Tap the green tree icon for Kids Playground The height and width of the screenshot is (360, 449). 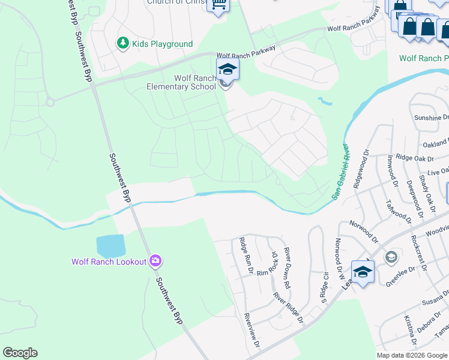pos(122,43)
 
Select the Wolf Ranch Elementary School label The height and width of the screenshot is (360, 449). pos(181,82)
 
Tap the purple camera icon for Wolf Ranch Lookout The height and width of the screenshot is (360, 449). pos(155,260)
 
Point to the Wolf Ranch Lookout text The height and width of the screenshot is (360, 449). pos(109,262)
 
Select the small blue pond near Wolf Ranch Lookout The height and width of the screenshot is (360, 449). pos(110,245)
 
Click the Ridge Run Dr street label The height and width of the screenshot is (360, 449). pos(245,256)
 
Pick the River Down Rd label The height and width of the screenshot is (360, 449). pos(288,268)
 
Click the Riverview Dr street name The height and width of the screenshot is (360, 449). pos(252,331)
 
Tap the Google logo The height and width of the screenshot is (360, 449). pos(20,353)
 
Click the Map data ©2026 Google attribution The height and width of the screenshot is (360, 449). pos(411,355)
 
